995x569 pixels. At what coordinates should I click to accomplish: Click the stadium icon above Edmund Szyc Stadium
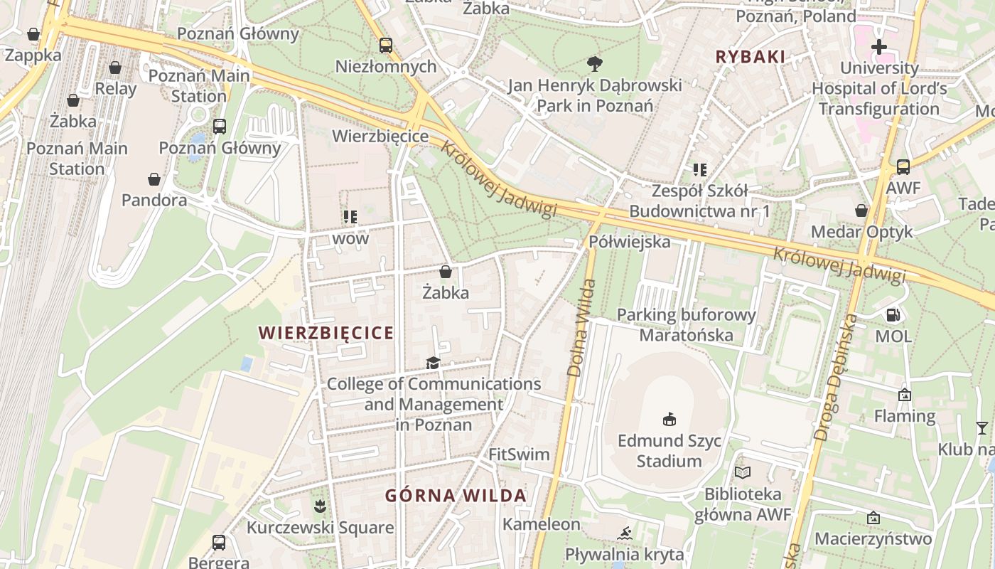669,419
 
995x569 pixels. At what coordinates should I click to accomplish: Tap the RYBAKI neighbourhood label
750,57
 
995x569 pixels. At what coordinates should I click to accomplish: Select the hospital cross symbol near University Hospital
879,48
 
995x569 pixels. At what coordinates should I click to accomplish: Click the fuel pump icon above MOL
893,314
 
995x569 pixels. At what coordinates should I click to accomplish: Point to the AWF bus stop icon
903,167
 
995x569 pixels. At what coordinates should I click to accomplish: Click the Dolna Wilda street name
581,328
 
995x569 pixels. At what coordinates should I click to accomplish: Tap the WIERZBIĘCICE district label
326,333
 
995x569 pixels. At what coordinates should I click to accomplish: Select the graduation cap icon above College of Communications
433,363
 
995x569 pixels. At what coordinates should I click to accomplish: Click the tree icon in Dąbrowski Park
594,64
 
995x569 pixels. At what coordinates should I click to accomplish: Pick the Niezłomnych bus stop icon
385,46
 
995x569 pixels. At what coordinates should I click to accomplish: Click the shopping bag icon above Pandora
154,179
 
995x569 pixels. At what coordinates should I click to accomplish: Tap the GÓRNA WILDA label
456,496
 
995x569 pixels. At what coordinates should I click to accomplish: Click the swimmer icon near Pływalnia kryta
625,533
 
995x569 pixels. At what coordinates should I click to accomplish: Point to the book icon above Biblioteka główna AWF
743,472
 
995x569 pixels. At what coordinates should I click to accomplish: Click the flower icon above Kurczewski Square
320,506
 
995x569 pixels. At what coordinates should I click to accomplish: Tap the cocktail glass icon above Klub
981,427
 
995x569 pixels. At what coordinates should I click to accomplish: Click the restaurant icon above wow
350,216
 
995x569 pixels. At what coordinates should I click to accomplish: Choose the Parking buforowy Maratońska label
686,324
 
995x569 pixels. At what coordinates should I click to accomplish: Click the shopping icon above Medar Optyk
861,211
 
